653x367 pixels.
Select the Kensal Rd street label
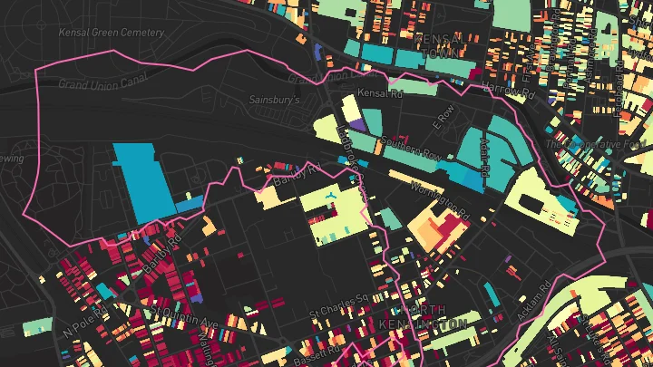(x=379, y=93)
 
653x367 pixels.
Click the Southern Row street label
(x=410, y=149)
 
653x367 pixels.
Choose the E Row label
(x=443, y=115)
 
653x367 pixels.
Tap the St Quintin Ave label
(x=186, y=318)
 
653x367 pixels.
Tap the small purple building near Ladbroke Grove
(x=355, y=125)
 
